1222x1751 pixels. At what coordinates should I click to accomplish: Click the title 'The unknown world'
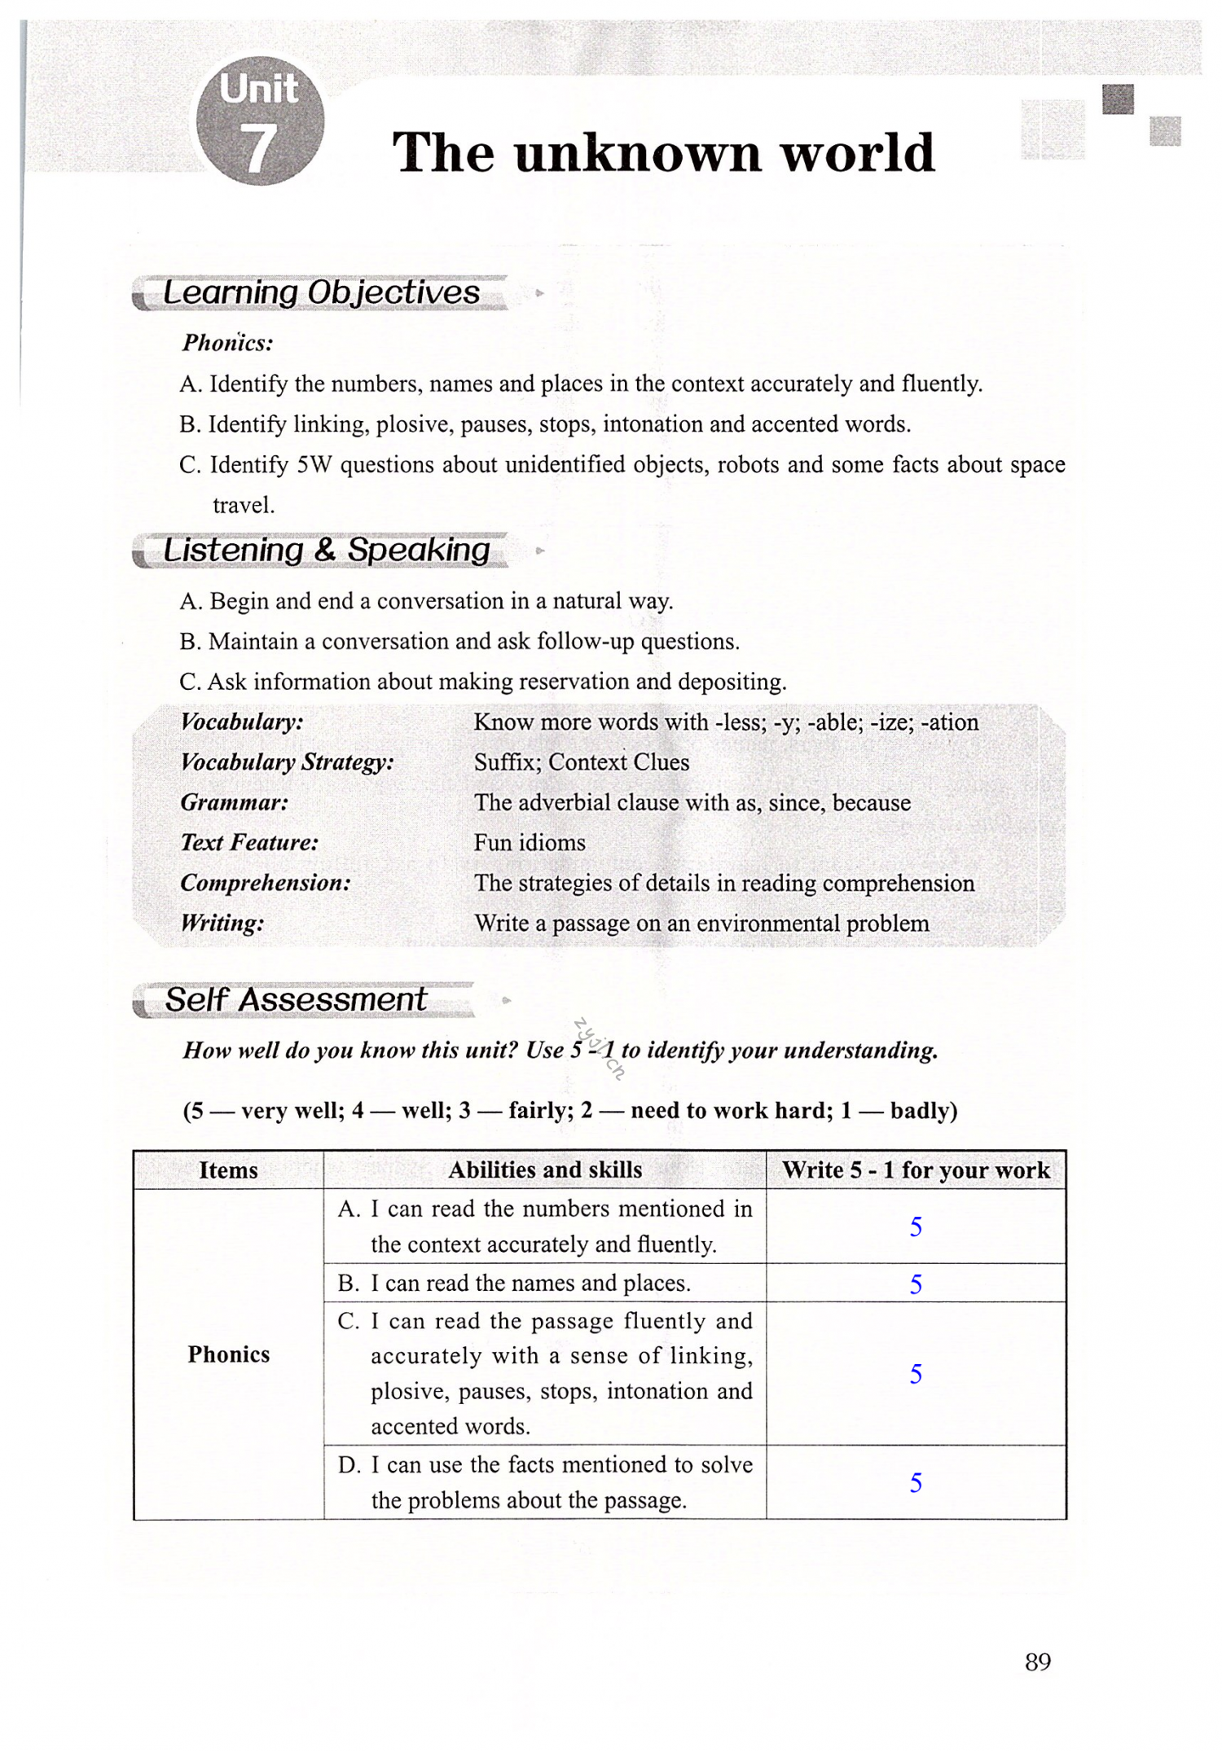[x=663, y=152]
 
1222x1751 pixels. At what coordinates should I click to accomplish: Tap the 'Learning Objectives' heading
[x=321, y=293]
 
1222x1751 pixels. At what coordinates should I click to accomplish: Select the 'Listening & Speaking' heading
[x=326, y=551]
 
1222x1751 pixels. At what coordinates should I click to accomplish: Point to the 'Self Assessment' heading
[x=296, y=1000]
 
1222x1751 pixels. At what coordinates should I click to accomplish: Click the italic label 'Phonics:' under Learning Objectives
[x=227, y=343]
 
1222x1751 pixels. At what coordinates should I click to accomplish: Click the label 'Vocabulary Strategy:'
[x=287, y=762]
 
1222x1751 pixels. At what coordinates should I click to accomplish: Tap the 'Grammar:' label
[x=235, y=803]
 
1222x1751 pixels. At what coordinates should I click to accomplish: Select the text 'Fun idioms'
[x=530, y=843]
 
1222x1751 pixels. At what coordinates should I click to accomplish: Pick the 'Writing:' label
[x=222, y=924]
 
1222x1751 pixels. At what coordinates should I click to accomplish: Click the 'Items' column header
[x=228, y=1170]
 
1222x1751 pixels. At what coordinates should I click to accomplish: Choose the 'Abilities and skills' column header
[x=545, y=1170]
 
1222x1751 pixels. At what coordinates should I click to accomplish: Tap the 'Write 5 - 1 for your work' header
[x=916, y=1170]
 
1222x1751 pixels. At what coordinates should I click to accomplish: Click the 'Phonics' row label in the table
[x=228, y=1354]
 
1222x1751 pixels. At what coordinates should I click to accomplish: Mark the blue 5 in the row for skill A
[x=916, y=1227]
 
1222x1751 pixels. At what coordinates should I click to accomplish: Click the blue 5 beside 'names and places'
[x=916, y=1284]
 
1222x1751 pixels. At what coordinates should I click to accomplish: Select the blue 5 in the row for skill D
[x=916, y=1483]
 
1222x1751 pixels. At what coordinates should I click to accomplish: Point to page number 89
[x=1038, y=1662]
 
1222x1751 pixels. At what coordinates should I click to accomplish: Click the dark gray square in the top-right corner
[x=1118, y=99]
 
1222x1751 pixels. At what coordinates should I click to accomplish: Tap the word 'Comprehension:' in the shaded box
[x=266, y=884]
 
